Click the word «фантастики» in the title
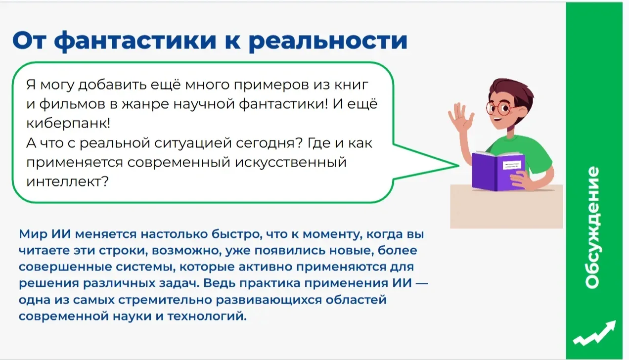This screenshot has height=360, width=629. (135, 41)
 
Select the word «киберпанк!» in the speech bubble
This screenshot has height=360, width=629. (68, 123)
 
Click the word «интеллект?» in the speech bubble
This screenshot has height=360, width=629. (67, 181)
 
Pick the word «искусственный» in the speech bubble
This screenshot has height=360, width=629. (291, 163)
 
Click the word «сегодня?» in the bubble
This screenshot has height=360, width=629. (270, 143)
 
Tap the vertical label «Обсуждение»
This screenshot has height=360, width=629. (592, 227)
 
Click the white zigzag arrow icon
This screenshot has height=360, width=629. (594, 333)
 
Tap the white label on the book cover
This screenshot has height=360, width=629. (512, 165)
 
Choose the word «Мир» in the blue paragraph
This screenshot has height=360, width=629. (33, 234)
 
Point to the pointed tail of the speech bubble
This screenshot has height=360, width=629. (458, 166)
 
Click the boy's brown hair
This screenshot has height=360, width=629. (512, 91)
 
